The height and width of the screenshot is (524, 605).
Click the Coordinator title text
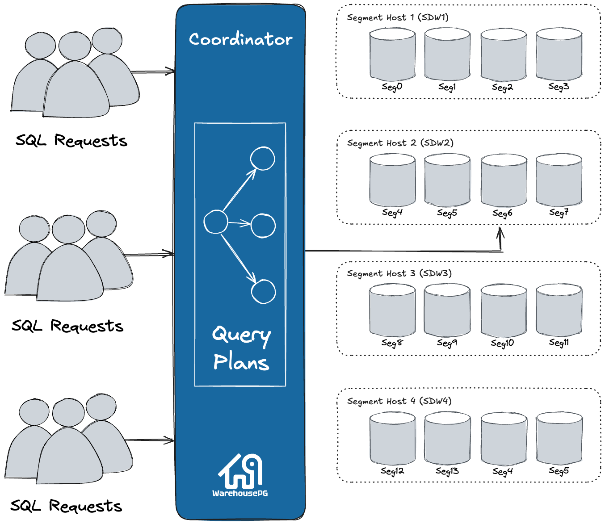240,39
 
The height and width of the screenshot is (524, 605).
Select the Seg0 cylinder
392,55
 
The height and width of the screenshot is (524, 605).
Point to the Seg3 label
559,87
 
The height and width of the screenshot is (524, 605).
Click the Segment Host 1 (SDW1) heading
398,17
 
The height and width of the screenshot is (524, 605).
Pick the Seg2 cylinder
504,55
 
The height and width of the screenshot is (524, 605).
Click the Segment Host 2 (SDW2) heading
400,143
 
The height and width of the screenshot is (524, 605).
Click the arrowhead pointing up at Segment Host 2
500,231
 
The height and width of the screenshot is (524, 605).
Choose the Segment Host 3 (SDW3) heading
399,273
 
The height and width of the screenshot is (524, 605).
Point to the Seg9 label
447,343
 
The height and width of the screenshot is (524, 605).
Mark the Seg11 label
559,343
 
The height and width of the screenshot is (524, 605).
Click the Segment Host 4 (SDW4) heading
399,401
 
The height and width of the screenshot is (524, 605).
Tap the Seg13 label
447,471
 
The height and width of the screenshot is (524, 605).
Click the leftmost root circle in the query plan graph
216,222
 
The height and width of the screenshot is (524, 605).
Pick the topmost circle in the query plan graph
262,159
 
